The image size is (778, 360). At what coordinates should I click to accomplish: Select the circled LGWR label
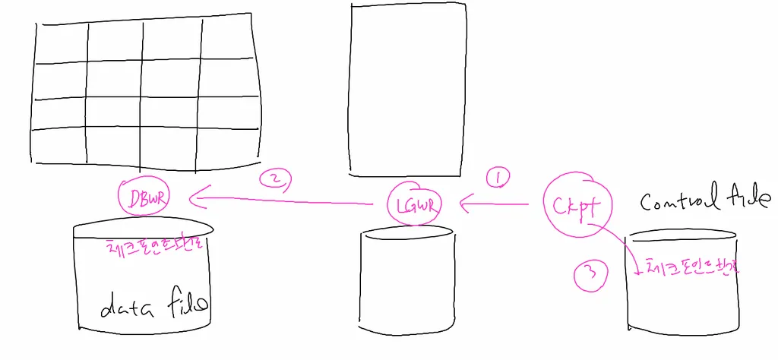coord(411,204)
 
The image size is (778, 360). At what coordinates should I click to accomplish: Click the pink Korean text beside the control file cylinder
coord(691,267)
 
